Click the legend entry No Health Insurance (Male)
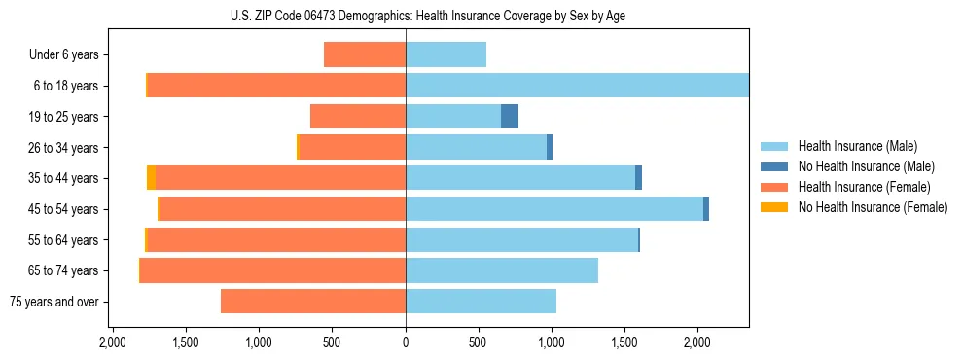(866, 166)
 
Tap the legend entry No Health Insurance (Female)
(872, 207)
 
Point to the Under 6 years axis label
(63, 55)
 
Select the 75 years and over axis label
(53, 302)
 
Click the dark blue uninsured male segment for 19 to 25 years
(510, 117)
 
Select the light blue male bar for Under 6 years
(446, 55)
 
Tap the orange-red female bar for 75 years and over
(313, 302)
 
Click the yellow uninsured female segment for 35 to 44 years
(151, 178)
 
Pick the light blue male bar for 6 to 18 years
(577, 86)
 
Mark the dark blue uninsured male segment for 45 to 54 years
(706, 209)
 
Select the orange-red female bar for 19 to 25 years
(358, 117)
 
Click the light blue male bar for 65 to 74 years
(502, 270)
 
